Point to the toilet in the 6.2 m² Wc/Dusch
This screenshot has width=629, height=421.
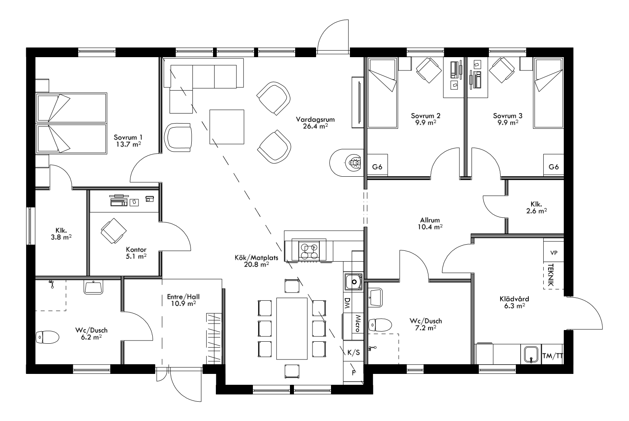(x=47, y=336)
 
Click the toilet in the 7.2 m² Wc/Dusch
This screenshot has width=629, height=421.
(x=381, y=324)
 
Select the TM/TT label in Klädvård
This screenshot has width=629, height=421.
(x=552, y=356)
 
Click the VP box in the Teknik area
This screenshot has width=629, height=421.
(x=554, y=253)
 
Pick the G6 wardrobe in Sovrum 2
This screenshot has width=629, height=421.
(x=377, y=167)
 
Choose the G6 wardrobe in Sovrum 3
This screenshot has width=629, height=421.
(x=554, y=167)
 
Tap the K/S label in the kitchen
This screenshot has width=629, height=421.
(x=353, y=353)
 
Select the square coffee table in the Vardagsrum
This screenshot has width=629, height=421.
(x=227, y=127)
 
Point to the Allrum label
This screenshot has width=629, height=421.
(x=430, y=220)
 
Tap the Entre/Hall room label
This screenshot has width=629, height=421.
(x=183, y=297)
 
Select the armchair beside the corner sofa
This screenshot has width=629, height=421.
(x=179, y=137)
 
